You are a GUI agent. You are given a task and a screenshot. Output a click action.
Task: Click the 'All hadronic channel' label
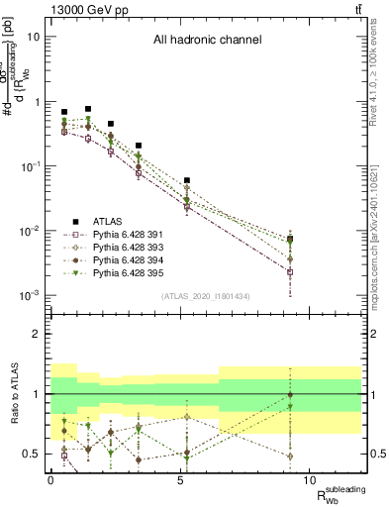pos(206,41)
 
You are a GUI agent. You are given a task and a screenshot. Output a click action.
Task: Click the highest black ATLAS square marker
pos(88,109)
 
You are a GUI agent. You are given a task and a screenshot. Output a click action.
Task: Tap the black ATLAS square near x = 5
pos(187,181)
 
